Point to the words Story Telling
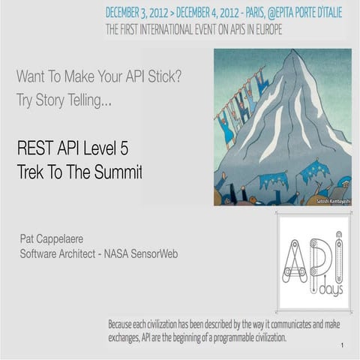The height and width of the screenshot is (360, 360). click(76, 100)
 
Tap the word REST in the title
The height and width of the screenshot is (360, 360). click(33, 148)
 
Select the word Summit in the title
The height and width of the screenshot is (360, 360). click(118, 172)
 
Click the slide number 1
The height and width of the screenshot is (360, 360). click(341, 346)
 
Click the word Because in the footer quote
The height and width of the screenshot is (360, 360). click(124, 325)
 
